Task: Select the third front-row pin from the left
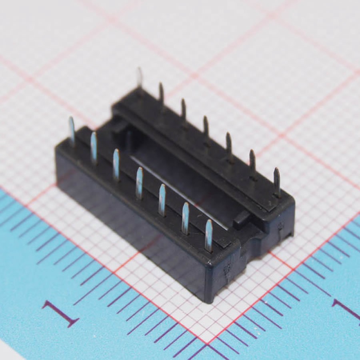tap(116, 165)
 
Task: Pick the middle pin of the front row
tap(139, 182)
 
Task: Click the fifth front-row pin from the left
tap(162, 200)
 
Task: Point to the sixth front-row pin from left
tap(185, 218)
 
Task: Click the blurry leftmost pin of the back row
tap(140, 78)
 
